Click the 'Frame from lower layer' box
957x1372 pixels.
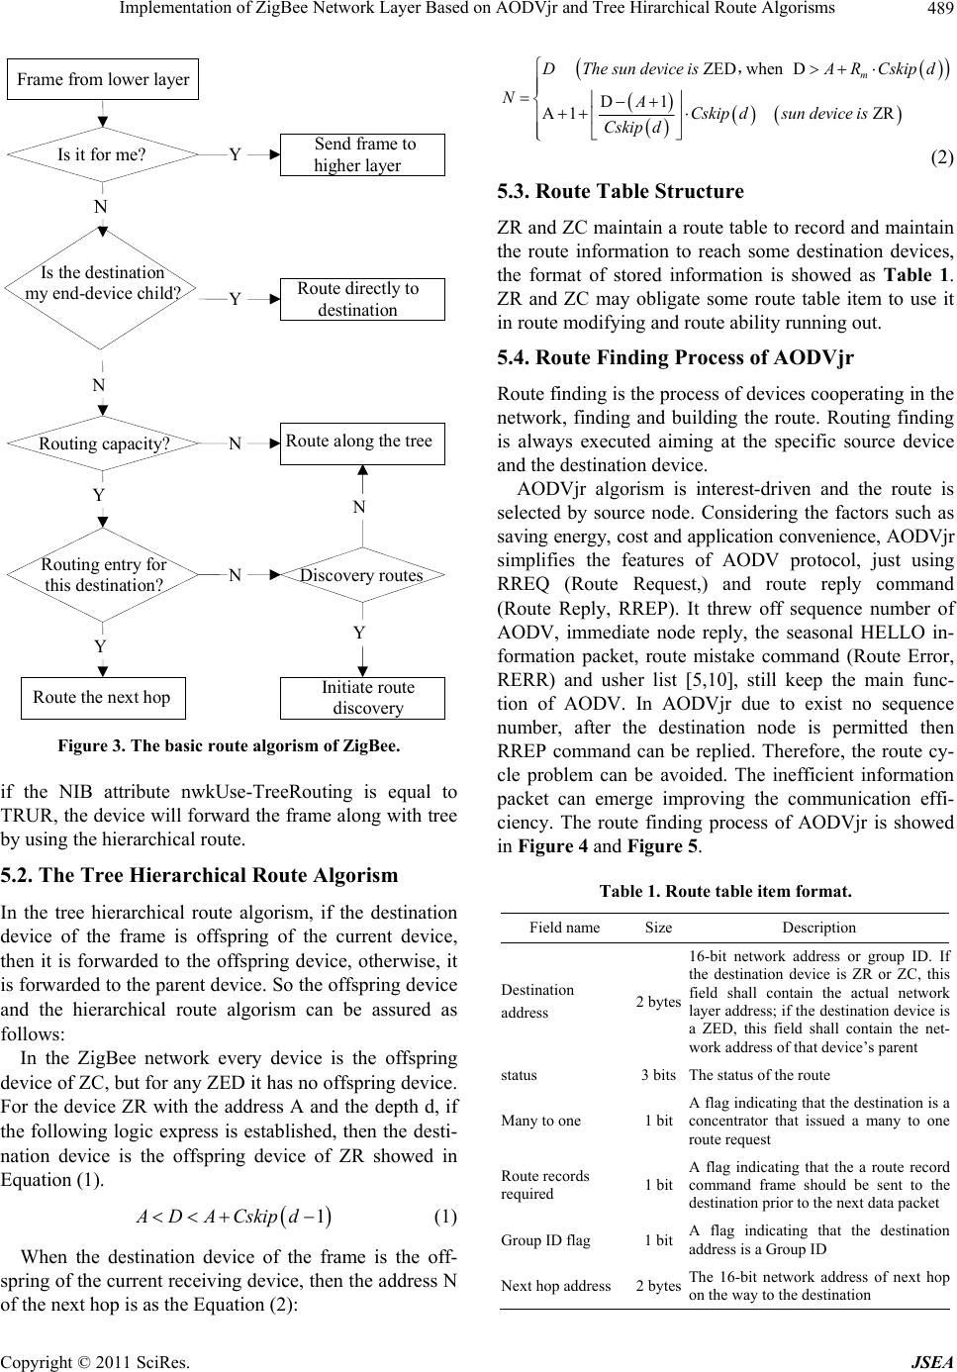[x=103, y=79]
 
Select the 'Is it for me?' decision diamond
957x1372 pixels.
[x=102, y=154]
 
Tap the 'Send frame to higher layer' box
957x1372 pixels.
[x=362, y=154]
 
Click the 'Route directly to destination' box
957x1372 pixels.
[x=362, y=299]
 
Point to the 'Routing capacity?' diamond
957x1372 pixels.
[x=104, y=444]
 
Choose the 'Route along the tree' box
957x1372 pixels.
[x=362, y=441]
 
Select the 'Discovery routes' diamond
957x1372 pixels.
[x=362, y=575]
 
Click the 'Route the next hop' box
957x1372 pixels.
[x=102, y=697]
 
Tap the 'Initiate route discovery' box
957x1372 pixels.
[x=362, y=698]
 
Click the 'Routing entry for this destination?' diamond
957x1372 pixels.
[x=104, y=575]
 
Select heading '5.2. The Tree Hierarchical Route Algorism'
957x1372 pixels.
[x=200, y=875]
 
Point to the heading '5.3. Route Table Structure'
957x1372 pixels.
[x=621, y=191]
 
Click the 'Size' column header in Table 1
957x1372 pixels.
[x=658, y=928]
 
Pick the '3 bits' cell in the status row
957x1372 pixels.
[x=658, y=1074]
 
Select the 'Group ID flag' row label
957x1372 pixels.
[x=545, y=1239]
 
